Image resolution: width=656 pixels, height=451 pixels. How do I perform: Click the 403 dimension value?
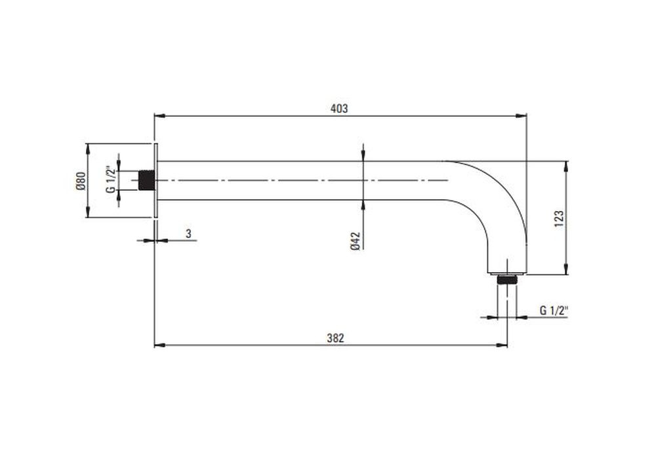[x=339, y=109]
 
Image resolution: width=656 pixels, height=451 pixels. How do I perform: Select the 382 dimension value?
[x=335, y=338]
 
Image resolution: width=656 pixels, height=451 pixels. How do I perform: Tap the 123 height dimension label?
[x=559, y=219]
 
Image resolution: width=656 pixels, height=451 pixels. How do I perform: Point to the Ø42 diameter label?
[x=355, y=241]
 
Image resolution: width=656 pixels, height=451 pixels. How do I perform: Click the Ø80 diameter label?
[x=81, y=181]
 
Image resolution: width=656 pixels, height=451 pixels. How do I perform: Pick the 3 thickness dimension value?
[x=188, y=233]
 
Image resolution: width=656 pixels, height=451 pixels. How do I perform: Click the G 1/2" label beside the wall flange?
[x=110, y=180]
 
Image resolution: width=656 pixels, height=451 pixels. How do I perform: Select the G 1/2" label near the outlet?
[x=554, y=311]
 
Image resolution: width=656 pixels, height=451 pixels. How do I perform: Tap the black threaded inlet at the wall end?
[x=146, y=180]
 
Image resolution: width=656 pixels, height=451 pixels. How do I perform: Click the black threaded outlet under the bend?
[x=507, y=280]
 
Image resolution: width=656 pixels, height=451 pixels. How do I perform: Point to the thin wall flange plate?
[x=156, y=180]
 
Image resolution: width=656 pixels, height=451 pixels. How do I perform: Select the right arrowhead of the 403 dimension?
[x=521, y=116]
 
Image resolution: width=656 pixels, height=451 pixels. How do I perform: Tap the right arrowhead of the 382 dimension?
[x=502, y=345]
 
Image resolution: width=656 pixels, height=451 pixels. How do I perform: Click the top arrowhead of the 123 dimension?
[x=567, y=167]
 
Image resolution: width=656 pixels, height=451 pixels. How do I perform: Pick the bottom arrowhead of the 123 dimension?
[x=567, y=269]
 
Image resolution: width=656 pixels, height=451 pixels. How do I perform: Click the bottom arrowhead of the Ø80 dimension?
[x=87, y=212]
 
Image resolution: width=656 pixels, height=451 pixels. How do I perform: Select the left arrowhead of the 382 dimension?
[x=160, y=345]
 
